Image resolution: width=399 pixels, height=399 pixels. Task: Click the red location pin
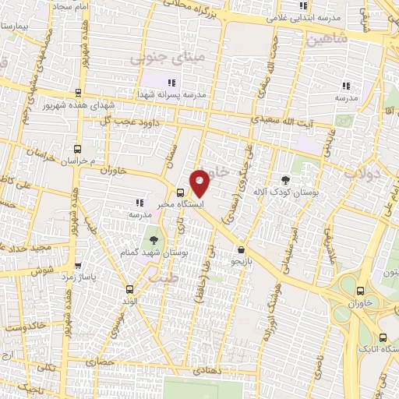200,183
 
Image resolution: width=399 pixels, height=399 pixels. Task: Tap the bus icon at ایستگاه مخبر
181,193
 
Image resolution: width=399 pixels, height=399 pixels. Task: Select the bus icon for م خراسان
76,149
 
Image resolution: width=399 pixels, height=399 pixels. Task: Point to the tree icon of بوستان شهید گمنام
152,240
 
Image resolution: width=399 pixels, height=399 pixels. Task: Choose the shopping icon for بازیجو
241,249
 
